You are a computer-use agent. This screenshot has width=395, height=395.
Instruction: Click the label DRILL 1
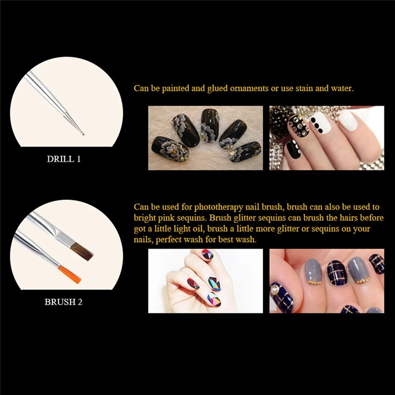64,159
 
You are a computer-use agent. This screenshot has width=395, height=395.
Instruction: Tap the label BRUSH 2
64,302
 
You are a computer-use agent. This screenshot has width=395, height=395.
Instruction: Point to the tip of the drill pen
83,134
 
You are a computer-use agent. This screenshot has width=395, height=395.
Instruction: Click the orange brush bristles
70,275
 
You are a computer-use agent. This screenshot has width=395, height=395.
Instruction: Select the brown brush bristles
82,252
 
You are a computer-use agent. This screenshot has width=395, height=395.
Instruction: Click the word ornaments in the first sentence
249,88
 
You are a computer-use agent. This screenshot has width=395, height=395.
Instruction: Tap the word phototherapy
219,207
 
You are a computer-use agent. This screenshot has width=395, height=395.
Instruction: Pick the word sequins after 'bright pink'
191,218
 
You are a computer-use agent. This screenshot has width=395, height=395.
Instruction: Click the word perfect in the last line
168,239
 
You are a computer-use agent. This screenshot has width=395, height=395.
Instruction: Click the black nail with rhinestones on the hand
299,127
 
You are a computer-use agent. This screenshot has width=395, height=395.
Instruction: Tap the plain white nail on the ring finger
348,121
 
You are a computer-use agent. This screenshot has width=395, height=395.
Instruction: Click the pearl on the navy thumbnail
275,290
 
